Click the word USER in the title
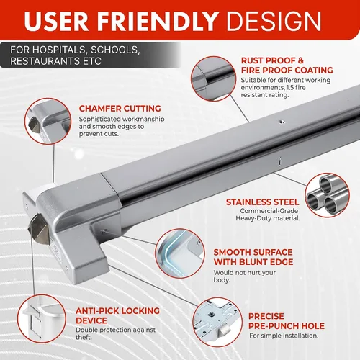[x=57, y=21]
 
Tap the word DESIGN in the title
[x=274, y=21]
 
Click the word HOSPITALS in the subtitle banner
[x=59, y=50]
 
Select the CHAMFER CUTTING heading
[x=120, y=109]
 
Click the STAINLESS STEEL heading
[x=263, y=202]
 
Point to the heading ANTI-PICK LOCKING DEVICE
[x=117, y=315]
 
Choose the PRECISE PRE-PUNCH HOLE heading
[x=287, y=321]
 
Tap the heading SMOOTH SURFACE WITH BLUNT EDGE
[x=253, y=257]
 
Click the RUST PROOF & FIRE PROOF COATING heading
[x=287, y=66]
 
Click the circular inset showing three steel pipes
[x=328, y=195]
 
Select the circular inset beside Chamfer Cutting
[x=48, y=121]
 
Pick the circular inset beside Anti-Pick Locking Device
[x=42, y=319]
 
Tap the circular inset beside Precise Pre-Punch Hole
[x=217, y=323]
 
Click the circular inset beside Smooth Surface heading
[x=180, y=253]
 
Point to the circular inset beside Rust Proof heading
[x=214, y=78]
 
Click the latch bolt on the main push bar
[x=38, y=229]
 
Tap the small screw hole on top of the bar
[x=282, y=122]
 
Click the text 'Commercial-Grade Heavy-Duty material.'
[x=268, y=215]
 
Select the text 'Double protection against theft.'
[x=115, y=333]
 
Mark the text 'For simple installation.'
[x=284, y=336]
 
